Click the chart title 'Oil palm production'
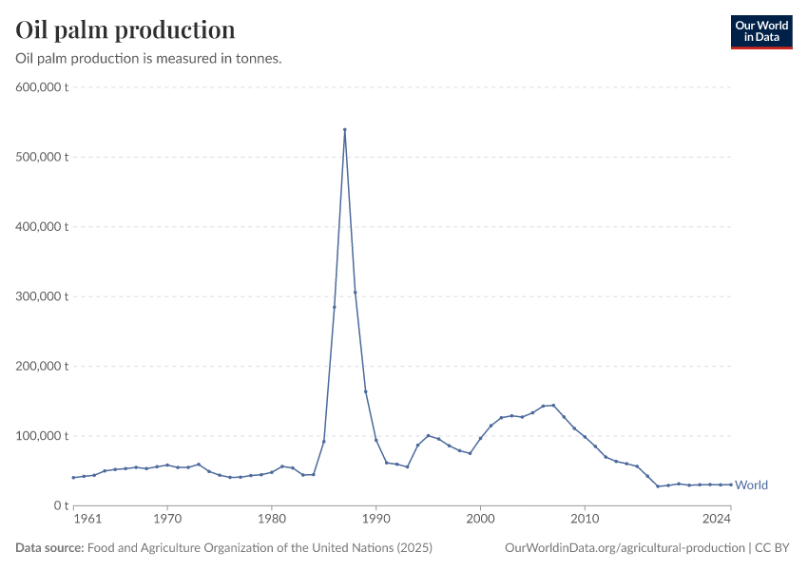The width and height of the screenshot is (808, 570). (125, 29)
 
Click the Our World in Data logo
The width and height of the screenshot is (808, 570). (760, 31)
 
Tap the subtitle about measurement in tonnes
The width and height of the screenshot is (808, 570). (148, 59)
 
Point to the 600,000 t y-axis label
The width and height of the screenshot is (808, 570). (41, 87)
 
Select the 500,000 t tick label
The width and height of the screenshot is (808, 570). (41, 157)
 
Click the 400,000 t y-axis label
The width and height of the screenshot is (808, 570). (41, 227)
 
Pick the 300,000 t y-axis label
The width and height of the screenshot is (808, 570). (41, 296)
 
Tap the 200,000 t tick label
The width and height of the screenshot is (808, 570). (41, 366)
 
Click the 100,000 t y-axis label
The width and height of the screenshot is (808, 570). (41, 436)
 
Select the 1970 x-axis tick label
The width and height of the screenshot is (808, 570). (167, 520)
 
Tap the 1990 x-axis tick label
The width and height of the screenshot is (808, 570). (375, 520)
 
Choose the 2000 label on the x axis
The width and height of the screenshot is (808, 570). (480, 520)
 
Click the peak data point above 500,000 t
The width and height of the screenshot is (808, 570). (344, 129)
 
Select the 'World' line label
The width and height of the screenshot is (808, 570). (751, 485)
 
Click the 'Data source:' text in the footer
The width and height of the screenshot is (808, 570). (49, 547)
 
